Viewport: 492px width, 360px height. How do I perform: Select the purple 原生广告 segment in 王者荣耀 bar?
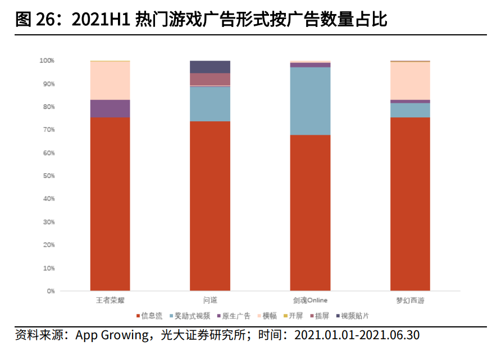[x=110, y=108]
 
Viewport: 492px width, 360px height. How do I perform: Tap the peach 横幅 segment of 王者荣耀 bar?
[x=110, y=80]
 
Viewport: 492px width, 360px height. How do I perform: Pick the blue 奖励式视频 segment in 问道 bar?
[x=210, y=104]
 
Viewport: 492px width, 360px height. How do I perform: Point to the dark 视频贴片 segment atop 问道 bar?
[x=210, y=66]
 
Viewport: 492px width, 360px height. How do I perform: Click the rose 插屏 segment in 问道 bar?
[x=210, y=79]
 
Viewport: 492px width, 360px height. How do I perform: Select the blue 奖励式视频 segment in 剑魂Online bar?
[x=310, y=101]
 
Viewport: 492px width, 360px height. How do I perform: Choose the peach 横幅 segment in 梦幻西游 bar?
[x=410, y=80]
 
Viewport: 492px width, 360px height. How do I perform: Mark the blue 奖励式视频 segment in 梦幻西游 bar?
[x=410, y=110]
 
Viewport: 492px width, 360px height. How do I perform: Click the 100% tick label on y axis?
[x=47, y=60]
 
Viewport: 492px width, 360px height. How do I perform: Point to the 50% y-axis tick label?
[x=49, y=176]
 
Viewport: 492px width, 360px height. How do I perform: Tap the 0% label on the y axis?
[x=51, y=291]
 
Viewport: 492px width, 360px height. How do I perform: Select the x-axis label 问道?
[x=210, y=300]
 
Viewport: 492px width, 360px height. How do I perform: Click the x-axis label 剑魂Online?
[x=310, y=300]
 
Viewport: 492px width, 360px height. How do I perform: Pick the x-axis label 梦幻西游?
[x=410, y=300]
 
